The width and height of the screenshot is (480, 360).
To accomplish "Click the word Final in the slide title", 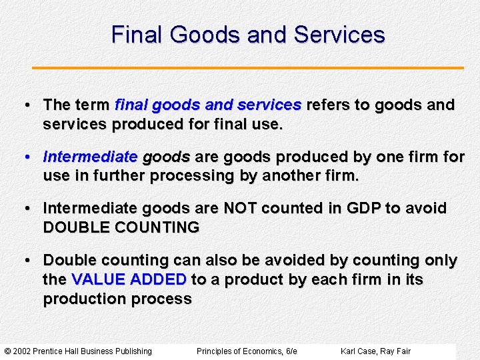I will (137, 35).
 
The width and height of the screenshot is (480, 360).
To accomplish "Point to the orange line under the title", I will (248, 68).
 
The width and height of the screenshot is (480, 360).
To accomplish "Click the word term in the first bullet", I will (93, 105).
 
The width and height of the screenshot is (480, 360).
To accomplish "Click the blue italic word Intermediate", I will (90, 157).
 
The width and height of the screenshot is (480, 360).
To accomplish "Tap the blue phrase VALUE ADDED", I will (129, 279).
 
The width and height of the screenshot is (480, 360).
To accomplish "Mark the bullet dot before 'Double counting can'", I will (27, 260).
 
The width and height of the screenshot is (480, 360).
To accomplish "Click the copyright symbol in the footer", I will (7, 351).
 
